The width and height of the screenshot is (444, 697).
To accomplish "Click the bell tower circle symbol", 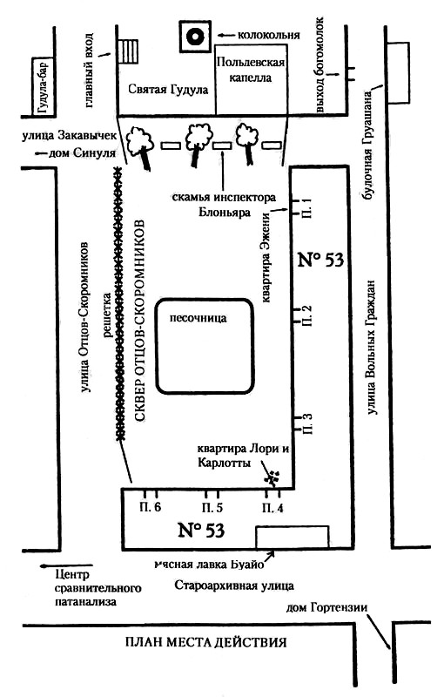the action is [194, 37].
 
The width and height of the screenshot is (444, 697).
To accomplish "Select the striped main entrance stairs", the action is [129, 51].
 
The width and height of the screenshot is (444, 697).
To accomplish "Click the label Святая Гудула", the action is [168, 90].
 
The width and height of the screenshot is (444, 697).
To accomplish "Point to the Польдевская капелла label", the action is [250, 69].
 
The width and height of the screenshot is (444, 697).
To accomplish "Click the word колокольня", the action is [269, 35].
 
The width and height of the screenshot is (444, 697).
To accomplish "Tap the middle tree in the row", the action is [197, 143].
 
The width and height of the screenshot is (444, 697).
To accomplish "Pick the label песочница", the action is [198, 318].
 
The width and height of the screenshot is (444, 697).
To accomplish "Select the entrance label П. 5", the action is [212, 508].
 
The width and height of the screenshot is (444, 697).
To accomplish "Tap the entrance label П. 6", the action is [150, 507].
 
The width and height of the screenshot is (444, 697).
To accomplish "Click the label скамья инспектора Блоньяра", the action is [224, 204].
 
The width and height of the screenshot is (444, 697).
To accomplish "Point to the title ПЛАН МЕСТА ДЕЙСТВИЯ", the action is [206, 642].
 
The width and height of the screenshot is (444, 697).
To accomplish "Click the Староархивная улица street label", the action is [234, 585].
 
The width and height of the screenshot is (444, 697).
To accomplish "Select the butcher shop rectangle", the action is [293, 537].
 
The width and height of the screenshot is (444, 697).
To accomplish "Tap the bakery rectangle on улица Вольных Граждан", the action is [398, 73].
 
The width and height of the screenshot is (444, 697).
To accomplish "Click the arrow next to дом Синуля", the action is [41, 153].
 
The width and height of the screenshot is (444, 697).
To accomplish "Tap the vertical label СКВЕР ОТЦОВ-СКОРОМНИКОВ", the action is [139, 320].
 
